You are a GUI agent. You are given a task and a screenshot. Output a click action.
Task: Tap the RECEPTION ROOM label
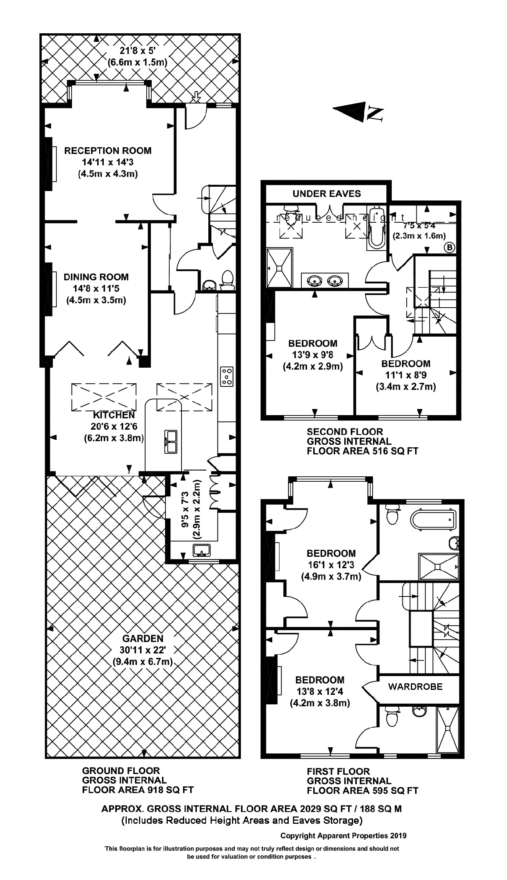pyautogui.click(x=108, y=151)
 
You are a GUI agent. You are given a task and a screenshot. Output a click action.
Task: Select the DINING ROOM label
pyautogui.click(x=96, y=277)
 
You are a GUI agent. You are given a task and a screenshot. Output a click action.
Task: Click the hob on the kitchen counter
pyautogui.click(x=226, y=376)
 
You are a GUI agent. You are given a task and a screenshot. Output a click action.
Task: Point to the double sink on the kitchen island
pyautogui.click(x=171, y=441)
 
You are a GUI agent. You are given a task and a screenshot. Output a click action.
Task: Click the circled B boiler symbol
pyautogui.click(x=450, y=248)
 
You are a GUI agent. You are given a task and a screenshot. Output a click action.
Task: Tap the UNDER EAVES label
pyautogui.click(x=327, y=194)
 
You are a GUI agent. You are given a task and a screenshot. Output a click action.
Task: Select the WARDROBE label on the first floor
pyautogui.click(x=415, y=686)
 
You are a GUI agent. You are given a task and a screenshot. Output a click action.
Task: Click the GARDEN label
pyautogui.click(x=143, y=638)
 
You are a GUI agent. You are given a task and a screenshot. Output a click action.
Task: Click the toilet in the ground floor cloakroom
pyautogui.click(x=228, y=280)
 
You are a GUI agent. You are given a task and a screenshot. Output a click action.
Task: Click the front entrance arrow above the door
pyautogui.click(x=196, y=97)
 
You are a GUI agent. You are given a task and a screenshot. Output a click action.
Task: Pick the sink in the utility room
pyautogui.click(x=201, y=550)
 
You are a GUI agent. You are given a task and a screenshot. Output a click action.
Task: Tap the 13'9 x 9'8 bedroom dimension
pyautogui.click(x=312, y=355)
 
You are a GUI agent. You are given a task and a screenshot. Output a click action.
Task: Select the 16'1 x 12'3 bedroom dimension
pyautogui.click(x=331, y=564)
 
